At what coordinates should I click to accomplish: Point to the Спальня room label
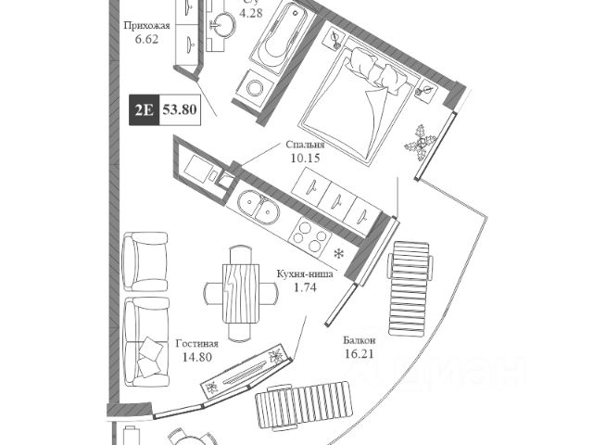click(x=306, y=146)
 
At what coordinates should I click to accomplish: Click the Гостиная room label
click(x=196, y=344)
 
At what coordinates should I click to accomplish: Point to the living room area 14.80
click(x=196, y=359)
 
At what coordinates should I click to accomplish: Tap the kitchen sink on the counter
click(x=254, y=206)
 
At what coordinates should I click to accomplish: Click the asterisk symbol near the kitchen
click(x=339, y=252)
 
